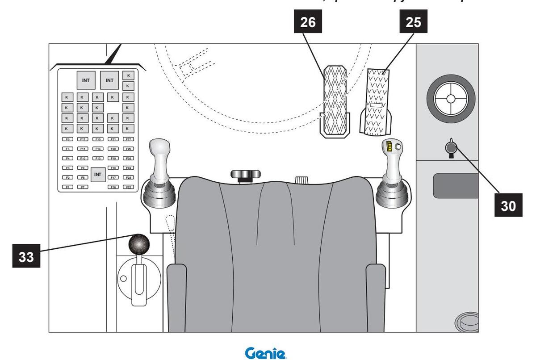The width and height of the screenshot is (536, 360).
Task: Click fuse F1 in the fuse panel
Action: [67, 187]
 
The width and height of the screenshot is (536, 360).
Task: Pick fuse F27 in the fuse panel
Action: [128, 139]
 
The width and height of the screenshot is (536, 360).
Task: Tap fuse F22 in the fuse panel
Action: [128, 187]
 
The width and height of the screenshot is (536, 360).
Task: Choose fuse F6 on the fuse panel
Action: [67, 139]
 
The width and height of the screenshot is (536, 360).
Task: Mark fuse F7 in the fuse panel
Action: [83, 187]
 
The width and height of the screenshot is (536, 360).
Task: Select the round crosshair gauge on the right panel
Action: [450, 98]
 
